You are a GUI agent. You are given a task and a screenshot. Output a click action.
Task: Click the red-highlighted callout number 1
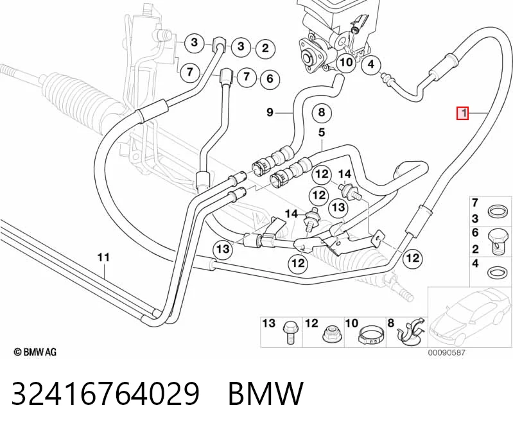pos(463,113)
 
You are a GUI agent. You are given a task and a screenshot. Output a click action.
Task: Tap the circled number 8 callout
pos(322,113)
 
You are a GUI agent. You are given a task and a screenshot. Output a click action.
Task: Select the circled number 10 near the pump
pos(346,62)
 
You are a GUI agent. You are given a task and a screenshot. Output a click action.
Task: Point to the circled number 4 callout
pos(371,64)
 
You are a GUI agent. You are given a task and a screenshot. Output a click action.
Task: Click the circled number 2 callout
pos(265,48)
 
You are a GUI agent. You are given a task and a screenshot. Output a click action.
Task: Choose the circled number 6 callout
pos(270,78)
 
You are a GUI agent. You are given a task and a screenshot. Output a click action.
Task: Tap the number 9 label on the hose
pos(270,112)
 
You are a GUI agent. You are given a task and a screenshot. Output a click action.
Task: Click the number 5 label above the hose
pos(322,132)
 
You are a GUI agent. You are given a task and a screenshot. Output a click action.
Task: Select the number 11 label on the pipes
pos(103,257)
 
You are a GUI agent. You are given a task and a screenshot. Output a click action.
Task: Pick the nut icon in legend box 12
pos(331,334)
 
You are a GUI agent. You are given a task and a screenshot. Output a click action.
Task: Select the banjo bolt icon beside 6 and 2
pos(498,241)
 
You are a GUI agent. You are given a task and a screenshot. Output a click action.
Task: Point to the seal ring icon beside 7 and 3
pos(498,211)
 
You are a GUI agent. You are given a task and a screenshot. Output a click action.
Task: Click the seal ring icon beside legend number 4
pos(498,272)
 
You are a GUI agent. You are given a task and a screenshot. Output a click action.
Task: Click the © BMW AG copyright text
pos(35,352)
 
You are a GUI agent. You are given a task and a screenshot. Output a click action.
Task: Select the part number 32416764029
pos(105,393)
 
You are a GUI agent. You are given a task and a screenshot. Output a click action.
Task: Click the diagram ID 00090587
pos(447,352)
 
